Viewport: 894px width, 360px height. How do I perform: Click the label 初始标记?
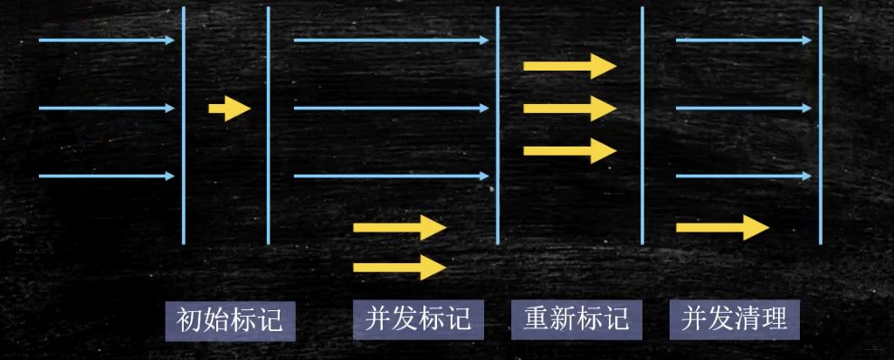tap(230, 319)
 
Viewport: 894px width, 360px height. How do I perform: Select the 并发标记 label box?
tap(418, 319)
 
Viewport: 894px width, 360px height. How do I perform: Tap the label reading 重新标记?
tap(576, 319)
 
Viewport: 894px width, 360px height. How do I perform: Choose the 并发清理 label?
tap(735, 319)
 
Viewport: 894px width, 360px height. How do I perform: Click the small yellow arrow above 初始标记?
tap(229, 109)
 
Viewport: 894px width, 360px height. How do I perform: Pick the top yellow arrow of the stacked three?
tap(570, 66)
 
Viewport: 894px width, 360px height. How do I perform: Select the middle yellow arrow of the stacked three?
tap(570, 109)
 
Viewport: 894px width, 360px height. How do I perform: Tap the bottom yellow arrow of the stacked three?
tap(570, 150)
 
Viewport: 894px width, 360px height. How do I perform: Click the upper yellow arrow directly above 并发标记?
tap(400, 228)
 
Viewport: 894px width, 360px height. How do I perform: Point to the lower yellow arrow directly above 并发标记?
tap(400, 267)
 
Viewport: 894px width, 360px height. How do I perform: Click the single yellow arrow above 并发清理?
tap(722, 227)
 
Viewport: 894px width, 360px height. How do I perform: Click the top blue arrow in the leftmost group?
tap(107, 41)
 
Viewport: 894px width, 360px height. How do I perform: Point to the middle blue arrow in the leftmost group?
tap(107, 109)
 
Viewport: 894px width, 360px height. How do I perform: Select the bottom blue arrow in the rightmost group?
tap(744, 176)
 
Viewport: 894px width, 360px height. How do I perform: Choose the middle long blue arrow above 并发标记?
tap(391, 109)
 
